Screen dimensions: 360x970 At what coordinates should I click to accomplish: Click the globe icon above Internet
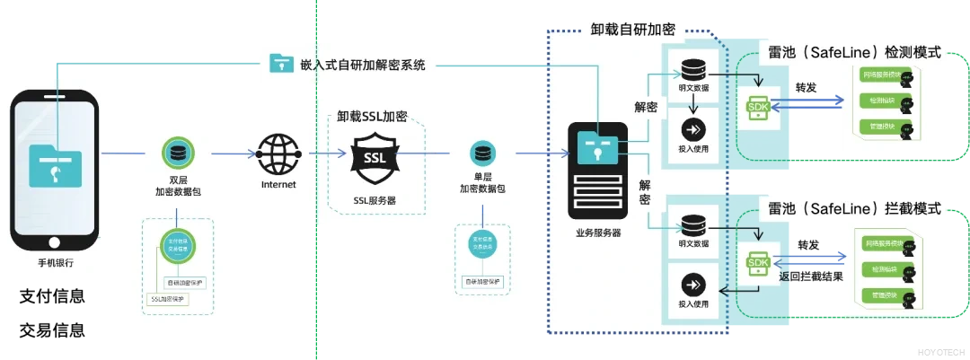click(278, 154)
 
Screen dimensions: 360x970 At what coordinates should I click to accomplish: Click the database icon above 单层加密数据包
click(482, 153)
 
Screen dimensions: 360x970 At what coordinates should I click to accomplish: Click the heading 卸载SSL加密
click(372, 117)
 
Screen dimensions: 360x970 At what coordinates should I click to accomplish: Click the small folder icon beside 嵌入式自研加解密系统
click(282, 64)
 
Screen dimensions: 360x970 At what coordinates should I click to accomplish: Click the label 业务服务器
click(598, 233)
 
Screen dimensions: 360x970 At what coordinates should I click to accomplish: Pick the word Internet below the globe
click(278, 185)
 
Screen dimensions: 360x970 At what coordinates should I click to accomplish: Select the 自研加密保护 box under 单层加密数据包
click(482, 282)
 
